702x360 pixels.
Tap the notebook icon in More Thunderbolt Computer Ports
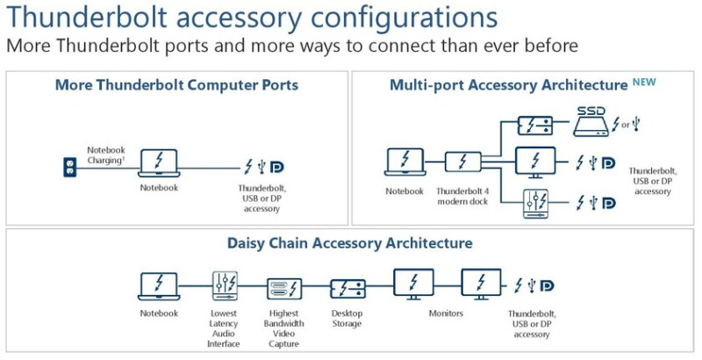click(x=159, y=162)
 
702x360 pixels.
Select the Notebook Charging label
click(x=107, y=155)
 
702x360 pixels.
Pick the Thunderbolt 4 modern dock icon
click(x=462, y=162)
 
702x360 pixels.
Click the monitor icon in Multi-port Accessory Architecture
click(x=534, y=162)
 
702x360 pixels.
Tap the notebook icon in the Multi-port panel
click(x=405, y=162)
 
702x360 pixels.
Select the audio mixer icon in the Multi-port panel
click(x=534, y=202)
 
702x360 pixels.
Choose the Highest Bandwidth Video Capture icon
click(x=283, y=287)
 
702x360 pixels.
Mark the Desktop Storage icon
click(x=347, y=287)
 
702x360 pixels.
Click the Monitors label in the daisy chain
click(x=446, y=313)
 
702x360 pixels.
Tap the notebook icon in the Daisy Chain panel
click(x=159, y=286)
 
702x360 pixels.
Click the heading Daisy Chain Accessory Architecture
click(x=350, y=242)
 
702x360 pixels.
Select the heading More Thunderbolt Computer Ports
click(x=176, y=85)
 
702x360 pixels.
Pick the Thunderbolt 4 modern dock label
click(x=462, y=196)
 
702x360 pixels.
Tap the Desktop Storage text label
click(x=347, y=318)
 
